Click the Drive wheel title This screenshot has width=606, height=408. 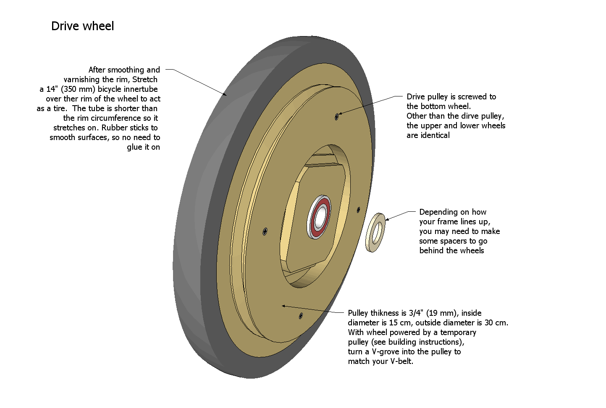coord(82,26)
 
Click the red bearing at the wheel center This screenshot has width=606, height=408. coord(320,216)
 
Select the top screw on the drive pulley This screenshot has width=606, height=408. coord(336,117)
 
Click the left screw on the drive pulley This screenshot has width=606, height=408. coord(265,231)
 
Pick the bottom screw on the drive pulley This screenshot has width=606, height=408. coord(301,316)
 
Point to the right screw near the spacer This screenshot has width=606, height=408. coord(358,209)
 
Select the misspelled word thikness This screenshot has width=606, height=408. coord(388,313)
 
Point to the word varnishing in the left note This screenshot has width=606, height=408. coord(82,79)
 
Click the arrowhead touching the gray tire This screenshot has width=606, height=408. coord(226,95)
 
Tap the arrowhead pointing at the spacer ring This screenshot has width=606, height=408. coord(387,219)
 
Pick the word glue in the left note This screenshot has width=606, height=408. coord(134,147)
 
